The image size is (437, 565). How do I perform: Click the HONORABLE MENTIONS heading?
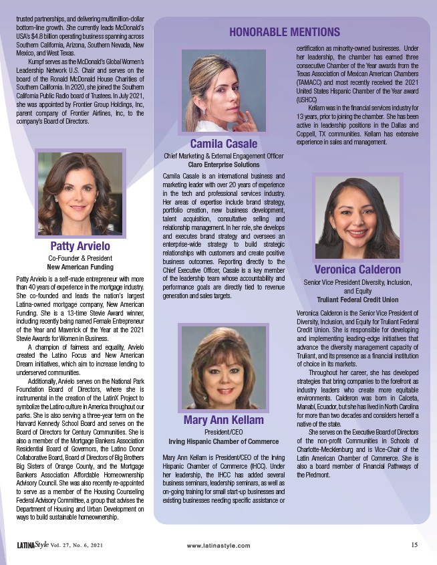285,31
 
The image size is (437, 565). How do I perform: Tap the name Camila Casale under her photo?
223,144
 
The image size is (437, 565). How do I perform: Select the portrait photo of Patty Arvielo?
80,194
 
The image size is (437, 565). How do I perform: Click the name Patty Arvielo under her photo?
80,247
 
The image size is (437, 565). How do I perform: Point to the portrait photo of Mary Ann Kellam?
223,367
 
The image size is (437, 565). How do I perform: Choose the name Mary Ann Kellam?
223,421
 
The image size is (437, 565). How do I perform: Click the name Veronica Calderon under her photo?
357,270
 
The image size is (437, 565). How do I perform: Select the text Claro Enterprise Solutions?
223,164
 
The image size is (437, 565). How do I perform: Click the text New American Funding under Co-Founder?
80,267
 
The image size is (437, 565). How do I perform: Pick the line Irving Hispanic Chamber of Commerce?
223,441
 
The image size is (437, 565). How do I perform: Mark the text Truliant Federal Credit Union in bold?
357,300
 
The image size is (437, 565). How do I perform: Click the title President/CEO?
223,432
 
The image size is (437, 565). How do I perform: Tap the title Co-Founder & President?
80,258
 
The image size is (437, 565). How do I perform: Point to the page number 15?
414,544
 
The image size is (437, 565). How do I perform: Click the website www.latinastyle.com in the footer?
218,546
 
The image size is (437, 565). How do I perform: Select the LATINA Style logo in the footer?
33,545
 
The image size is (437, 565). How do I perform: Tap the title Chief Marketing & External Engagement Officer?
223,155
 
